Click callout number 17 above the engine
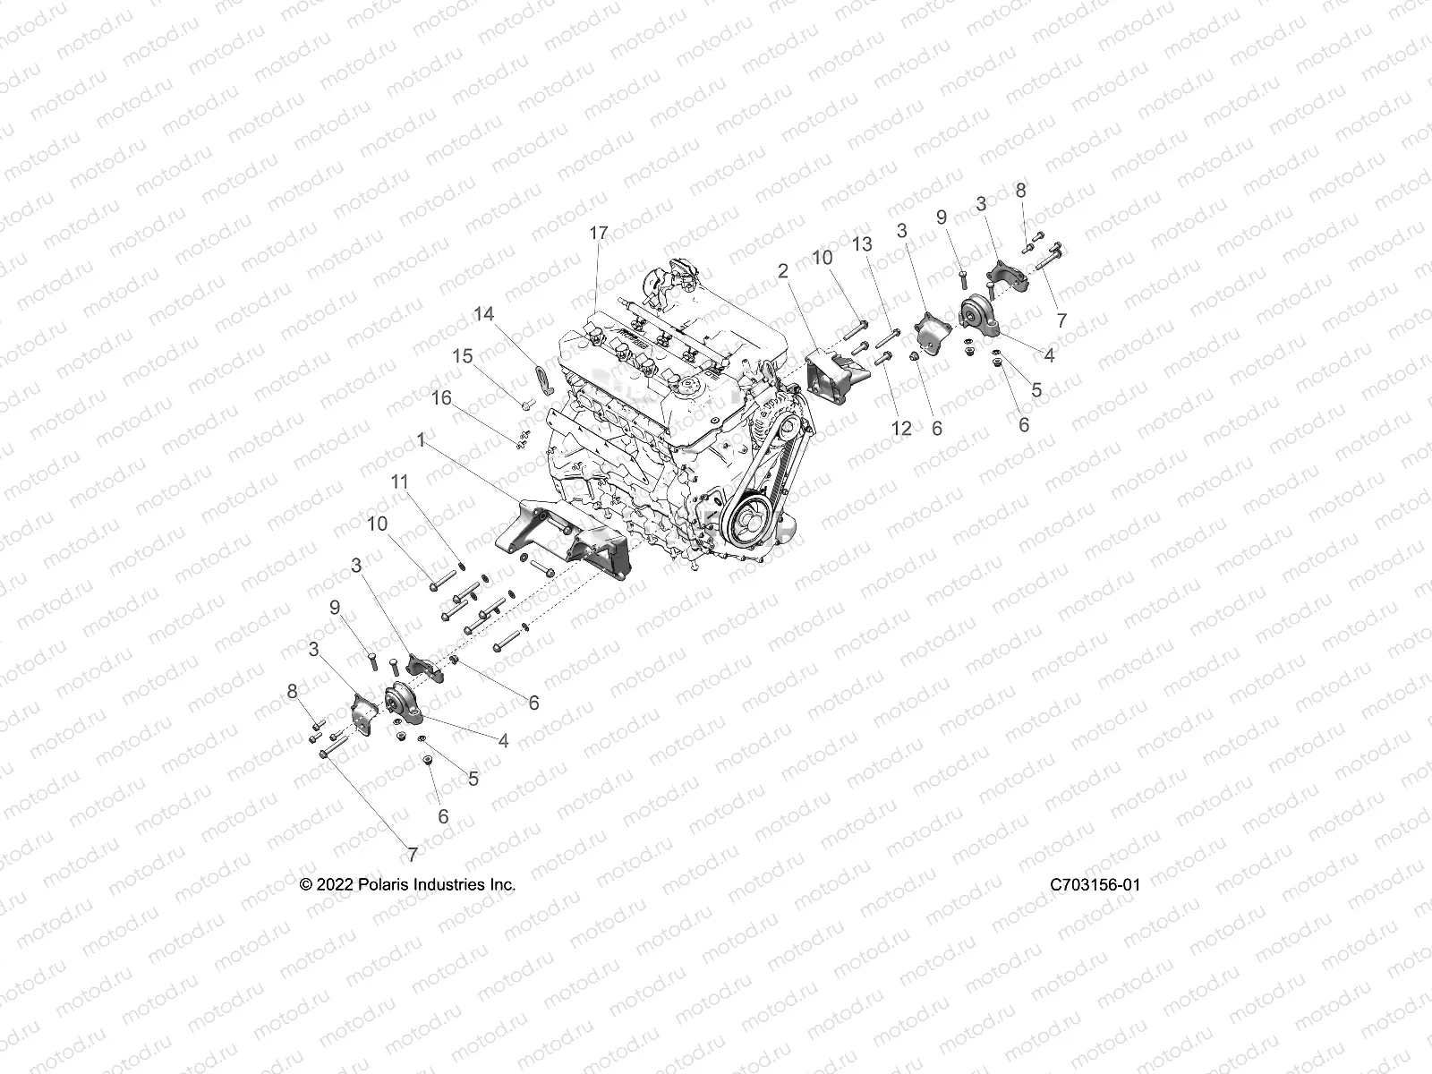click(x=598, y=233)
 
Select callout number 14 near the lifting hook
click(x=483, y=314)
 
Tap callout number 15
click(x=462, y=356)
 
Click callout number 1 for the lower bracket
click(x=421, y=440)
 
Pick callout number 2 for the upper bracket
click(x=782, y=270)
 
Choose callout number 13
click(x=861, y=243)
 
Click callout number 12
click(x=901, y=428)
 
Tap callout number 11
click(x=399, y=482)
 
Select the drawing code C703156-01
click(x=1095, y=885)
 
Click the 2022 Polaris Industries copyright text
click(x=407, y=885)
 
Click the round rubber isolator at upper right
click(x=975, y=317)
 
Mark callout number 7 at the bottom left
click(x=412, y=855)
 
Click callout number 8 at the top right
click(x=1020, y=191)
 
